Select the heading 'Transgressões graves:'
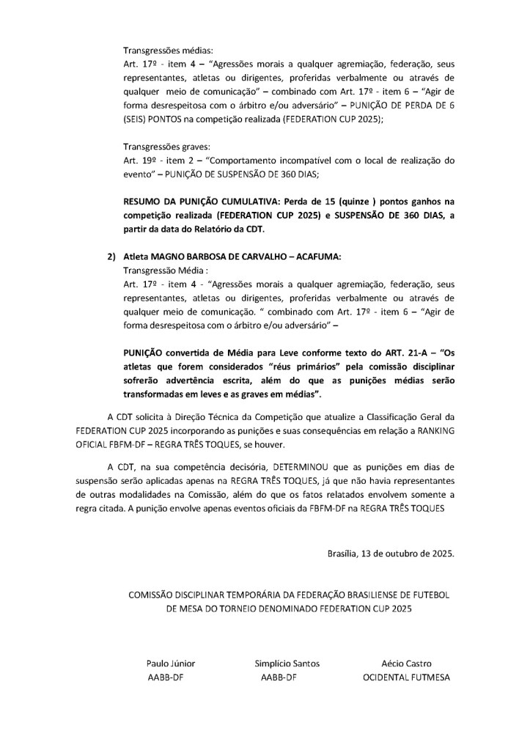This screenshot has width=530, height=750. pyautogui.click(x=166, y=146)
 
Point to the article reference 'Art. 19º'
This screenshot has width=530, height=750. pyautogui.click(x=140, y=160)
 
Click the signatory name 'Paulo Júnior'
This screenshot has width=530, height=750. pyautogui.click(x=171, y=663)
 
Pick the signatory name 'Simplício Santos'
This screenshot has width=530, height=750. pyautogui.click(x=287, y=663)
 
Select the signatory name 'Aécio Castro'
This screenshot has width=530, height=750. pyautogui.click(x=407, y=663)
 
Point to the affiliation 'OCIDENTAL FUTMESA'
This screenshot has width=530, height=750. pyautogui.click(x=407, y=677)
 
